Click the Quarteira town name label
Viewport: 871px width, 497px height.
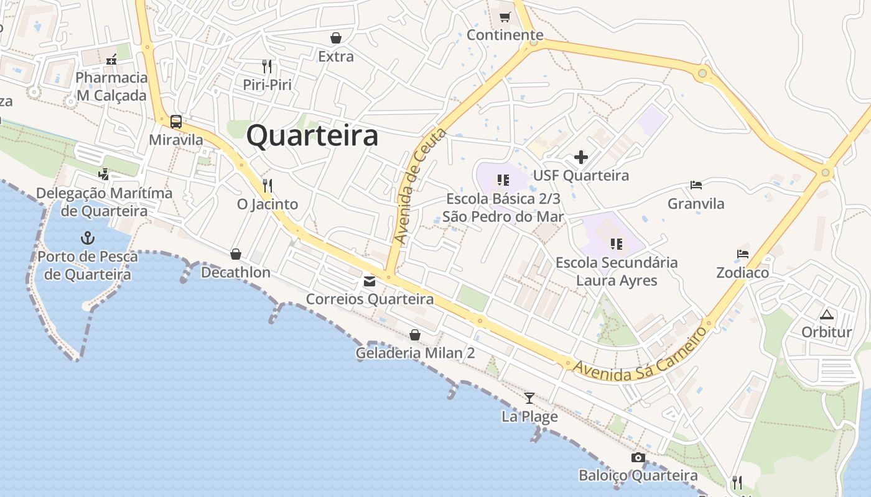pyautogui.click(x=312, y=136)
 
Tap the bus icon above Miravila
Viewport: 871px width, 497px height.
pyautogui.click(x=176, y=122)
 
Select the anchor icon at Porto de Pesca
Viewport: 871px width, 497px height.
pyautogui.click(x=88, y=238)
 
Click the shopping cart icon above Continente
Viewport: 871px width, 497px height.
pyautogui.click(x=505, y=17)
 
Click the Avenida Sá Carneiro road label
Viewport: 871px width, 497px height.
pyautogui.click(x=640, y=352)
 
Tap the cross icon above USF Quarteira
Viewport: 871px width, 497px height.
pyautogui.click(x=580, y=157)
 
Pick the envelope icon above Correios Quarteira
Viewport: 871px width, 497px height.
pyautogui.click(x=370, y=281)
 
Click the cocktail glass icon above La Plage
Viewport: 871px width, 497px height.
pyautogui.click(x=529, y=398)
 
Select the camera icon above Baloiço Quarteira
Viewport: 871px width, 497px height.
pyautogui.click(x=638, y=458)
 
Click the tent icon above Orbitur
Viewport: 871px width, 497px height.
pyautogui.click(x=826, y=314)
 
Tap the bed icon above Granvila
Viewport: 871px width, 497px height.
pyautogui.click(x=696, y=185)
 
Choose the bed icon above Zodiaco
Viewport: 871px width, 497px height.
pyautogui.click(x=742, y=254)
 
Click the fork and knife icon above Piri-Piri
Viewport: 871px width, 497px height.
pyautogui.click(x=267, y=66)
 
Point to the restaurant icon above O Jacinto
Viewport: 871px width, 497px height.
pyautogui.click(x=268, y=186)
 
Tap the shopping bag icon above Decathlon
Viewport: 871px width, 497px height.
pyautogui.click(x=236, y=254)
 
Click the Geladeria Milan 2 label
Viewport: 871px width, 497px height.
pyautogui.click(x=415, y=353)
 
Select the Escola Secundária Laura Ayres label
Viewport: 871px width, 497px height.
pyautogui.click(x=617, y=271)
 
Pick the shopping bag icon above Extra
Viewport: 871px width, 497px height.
pyautogui.click(x=336, y=39)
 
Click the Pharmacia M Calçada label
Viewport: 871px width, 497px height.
pyautogui.click(x=112, y=86)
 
